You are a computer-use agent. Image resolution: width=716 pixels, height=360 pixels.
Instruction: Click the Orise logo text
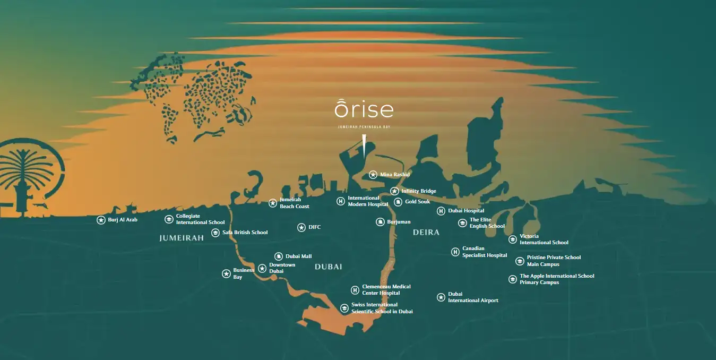pyautogui.click(x=364, y=109)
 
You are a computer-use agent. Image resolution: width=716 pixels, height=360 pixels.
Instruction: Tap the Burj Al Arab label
pyautogui.click(x=123, y=220)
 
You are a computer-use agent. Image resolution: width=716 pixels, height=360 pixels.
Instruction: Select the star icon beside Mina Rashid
pyautogui.click(x=373, y=175)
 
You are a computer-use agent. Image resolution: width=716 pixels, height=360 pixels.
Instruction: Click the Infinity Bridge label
pyautogui.click(x=418, y=191)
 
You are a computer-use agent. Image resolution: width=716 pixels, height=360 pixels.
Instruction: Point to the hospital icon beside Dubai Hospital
pyautogui.click(x=441, y=211)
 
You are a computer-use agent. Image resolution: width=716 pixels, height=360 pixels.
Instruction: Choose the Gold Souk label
pyautogui.click(x=417, y=202)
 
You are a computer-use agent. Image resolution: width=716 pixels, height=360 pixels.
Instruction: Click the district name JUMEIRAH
pyautogui.click(x=182, y=238)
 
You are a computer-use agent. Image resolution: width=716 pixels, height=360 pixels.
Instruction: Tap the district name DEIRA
pyautogui.click(x=426, y=233)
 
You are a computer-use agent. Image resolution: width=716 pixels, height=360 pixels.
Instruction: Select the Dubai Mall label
pyautogui.click(x=298, y=256)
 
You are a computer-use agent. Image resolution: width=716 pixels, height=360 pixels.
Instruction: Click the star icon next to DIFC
pyautogui.click(x=301, y=227)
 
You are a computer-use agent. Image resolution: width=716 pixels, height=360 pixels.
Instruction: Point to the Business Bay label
pyautogui.click(x=244, y=273)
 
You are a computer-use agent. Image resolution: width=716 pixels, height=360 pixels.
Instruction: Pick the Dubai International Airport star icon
pyautogui.click(x=441, y=297)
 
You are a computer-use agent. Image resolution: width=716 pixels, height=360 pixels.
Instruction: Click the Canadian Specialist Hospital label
pyautogui.click(x=485, y=252)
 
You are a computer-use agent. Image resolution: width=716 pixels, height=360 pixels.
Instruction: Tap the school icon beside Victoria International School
pyautogui.click(x=513, y=239)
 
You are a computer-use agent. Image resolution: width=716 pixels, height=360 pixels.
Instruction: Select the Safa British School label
pyautogui.click(x=245, y=233)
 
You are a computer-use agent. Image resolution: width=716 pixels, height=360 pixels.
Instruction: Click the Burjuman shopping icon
pyautogui.click(x=380, y=222)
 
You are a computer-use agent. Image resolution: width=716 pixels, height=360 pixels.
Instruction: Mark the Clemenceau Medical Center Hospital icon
pyautogui.click(x=355, y=290)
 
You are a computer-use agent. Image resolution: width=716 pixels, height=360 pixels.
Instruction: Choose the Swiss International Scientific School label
pyautogui.click(x=382, y=308)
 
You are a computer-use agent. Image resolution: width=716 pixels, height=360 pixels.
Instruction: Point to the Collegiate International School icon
pyautogui.click(x=169, y=219)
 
